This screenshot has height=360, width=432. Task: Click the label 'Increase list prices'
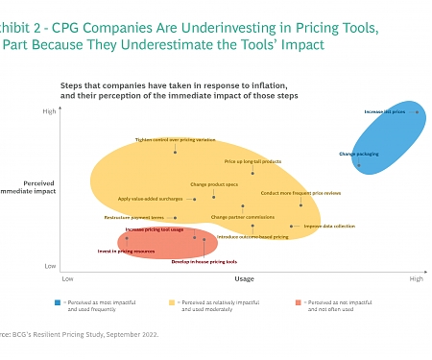point(384,112)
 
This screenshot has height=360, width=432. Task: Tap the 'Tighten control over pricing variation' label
point(174,139)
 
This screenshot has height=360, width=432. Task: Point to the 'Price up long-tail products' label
point(252,161)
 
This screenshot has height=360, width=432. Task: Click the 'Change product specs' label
point(212,183)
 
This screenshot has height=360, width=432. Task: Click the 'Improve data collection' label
point(329,227)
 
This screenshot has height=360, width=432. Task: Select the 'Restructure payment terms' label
point(133,218)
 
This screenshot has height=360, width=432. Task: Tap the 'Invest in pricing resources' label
point(126,252)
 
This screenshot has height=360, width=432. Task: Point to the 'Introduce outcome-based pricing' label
point(252,236)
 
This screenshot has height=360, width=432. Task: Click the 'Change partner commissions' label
point(242,217)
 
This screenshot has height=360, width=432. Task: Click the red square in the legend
point(300,302)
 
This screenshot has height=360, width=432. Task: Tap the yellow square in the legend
point(174,302)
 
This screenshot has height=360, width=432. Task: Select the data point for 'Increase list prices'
point(416,112)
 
